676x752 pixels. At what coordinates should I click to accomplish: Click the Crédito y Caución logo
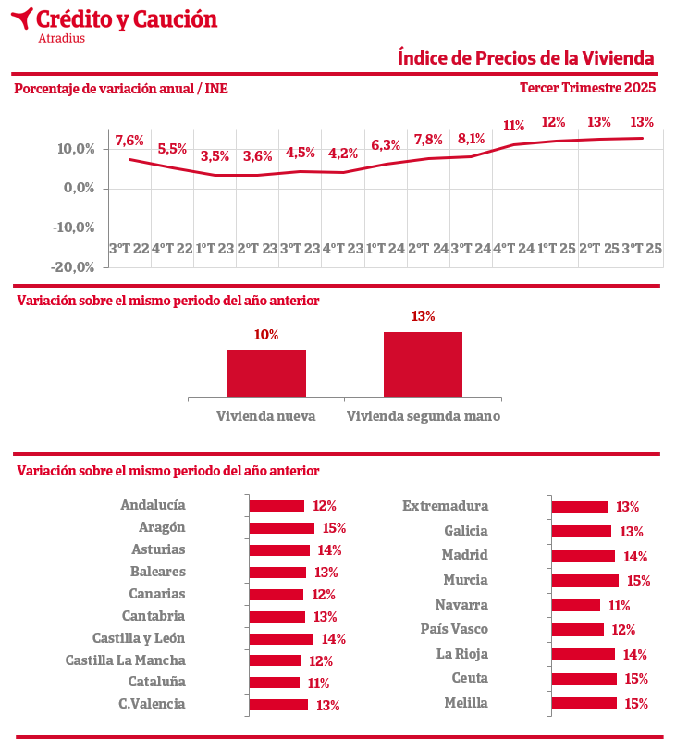(x=117, y=19)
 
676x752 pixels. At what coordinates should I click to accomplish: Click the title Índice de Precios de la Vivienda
(x=525, y=58)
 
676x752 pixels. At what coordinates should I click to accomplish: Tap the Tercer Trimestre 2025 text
(x=587, y=88)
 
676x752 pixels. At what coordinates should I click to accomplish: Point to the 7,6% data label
(x=129, y=141)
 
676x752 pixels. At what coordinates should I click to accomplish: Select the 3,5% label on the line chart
(x=215, y=156)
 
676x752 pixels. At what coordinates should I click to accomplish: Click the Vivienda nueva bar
(x=266, y=373)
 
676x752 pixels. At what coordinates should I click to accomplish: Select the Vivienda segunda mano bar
(x=423, y=364)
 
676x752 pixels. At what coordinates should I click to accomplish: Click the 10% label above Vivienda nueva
(x=266, y=335)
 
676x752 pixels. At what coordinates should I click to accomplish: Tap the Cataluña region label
(x=156, y=682)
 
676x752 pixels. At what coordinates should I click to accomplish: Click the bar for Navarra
(x=576, y=605)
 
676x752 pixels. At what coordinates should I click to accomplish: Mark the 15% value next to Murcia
(x=639, y=581)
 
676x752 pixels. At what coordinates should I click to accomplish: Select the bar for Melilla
(x=584, y=703)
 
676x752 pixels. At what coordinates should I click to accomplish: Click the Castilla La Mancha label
(x=125, y=660)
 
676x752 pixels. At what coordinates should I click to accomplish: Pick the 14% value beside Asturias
(x=329, y=550)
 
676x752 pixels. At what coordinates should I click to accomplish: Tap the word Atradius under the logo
(x=62, y=38)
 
